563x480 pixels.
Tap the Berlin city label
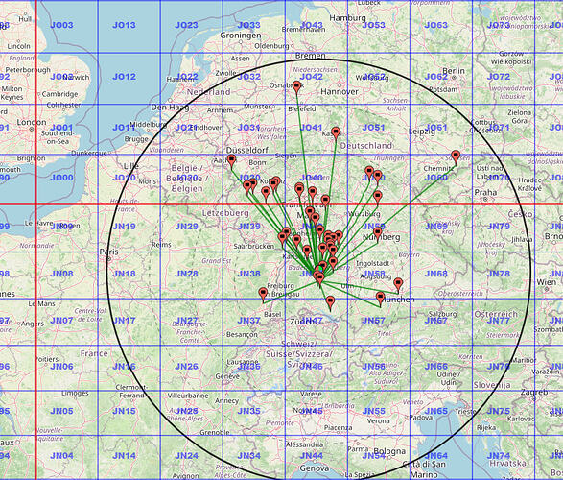click(454, 70)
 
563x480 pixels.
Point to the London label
click(32, 122)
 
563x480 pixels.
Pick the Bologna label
click(389, 450)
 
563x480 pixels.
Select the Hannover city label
click(367, 91)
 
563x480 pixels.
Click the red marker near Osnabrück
click(297, 87)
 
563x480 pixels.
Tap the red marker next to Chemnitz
click(456, 156)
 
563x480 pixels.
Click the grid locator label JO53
click(373, 25)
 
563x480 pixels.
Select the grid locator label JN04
click(62, 455)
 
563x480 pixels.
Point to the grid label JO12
click(124, 76)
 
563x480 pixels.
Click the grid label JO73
click(499, 25)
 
